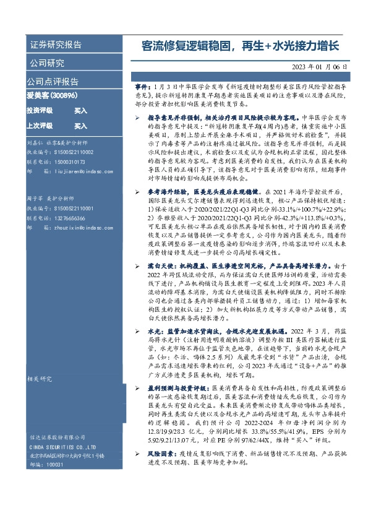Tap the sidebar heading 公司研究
(x=45, y=63)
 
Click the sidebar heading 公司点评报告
(x=53, y=81)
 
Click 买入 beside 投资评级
(x=80, y=110)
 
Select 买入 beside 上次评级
(x=80, y=126)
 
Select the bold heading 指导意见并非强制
(x=173, y=116)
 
